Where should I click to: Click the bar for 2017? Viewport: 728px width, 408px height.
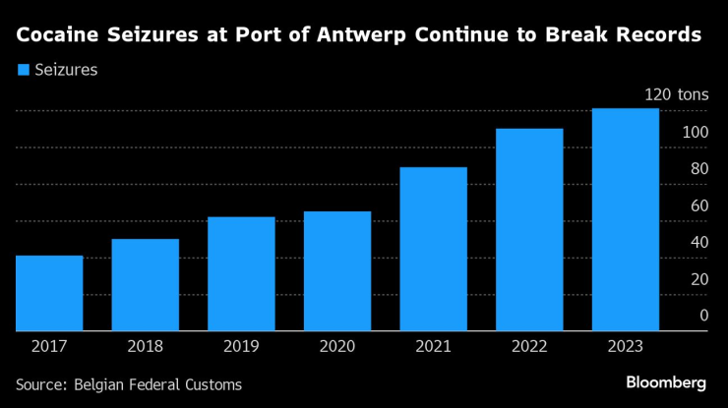49,293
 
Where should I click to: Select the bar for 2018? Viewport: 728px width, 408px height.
145,285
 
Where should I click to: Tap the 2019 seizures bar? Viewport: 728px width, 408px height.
241,274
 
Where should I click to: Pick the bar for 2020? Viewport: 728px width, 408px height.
337,271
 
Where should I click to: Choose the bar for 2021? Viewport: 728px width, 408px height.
433,249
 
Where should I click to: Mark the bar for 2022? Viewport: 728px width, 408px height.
529,230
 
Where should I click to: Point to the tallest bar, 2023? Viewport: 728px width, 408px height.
625,219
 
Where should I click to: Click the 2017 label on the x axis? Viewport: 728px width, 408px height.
49,347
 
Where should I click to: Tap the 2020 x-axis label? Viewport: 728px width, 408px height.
337,347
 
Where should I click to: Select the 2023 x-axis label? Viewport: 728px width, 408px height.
625,347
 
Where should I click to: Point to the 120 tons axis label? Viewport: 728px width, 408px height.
676,95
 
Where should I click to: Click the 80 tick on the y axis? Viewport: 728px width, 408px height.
698,169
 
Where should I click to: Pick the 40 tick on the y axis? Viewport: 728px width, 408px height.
698,242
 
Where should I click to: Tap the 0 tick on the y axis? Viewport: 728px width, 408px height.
703,316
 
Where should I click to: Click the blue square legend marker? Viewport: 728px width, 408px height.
24,70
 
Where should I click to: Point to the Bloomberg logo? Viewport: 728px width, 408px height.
666,381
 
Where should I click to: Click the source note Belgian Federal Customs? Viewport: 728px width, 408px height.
157,384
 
